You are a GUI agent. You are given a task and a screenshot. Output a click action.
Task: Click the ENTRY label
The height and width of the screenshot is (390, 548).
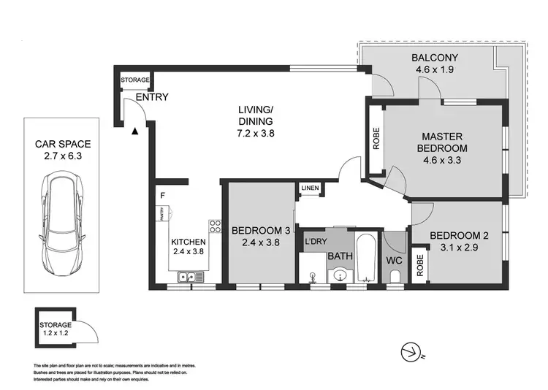pyautogui.click(x=153, y=97)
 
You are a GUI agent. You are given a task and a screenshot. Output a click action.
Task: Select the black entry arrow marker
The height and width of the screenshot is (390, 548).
pyautogui.click(x=134, y=131)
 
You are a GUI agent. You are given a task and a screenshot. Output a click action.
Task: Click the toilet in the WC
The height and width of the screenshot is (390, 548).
pyautogui.click(x=393, y=275)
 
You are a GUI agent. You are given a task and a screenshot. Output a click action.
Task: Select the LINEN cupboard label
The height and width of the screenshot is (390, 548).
pyautogui.click(x=310, y=189)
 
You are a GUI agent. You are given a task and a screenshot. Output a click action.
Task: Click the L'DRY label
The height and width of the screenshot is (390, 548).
pyautogui.click(x=316, y=241)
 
